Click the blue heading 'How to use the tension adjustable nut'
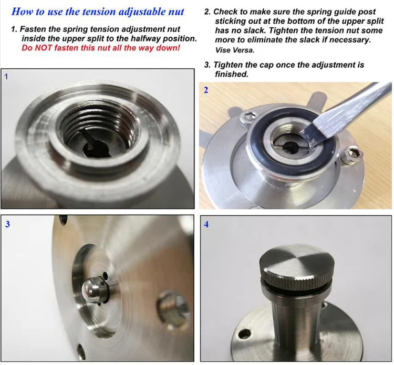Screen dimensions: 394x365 click(98, 12)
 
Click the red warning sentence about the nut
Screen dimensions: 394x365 click(101, 48)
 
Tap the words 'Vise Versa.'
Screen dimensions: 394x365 click(235, 50)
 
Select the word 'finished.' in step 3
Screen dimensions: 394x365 click(232, 74)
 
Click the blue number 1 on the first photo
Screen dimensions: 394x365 click(6, 76)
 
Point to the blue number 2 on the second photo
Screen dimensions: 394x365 click(206, 90)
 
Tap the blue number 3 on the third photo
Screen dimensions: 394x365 click(7, 224)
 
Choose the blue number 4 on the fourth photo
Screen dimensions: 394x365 click(206, 224)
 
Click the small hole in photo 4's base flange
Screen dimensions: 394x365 click(244, 334)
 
